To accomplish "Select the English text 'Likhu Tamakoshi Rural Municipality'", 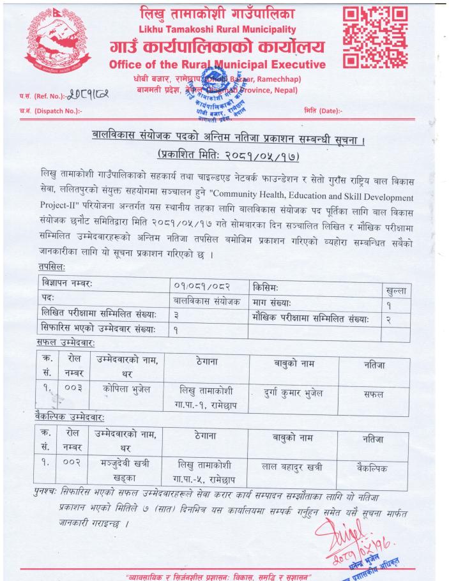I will click(218, 29).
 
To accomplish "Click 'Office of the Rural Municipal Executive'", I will click(217, 64).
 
